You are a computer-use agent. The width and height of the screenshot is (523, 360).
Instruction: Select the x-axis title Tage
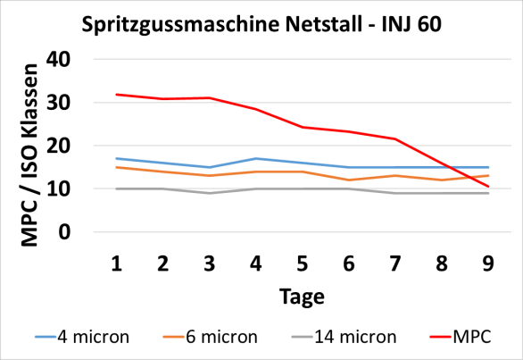(x=302, y=296)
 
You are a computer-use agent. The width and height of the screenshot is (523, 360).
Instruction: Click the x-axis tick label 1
(x=116, y=263)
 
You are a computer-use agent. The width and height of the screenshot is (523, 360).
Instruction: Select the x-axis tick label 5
(x=303, y=263)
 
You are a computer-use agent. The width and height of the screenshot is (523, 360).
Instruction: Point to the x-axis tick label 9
(x=488, y=263)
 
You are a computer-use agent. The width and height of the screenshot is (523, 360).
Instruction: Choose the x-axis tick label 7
(x=395, y=263)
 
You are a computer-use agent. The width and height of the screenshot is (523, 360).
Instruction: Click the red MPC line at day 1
(x=116, y=95)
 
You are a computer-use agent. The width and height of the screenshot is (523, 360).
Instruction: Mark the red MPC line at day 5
(x=303, y=127)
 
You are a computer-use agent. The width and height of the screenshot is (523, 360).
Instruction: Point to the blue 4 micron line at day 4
(x=256, y=158)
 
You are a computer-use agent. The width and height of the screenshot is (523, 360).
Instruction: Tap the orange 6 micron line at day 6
(x=349, y=180)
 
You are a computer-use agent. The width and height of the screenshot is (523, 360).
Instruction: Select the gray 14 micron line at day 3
(x=209, y=193)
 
